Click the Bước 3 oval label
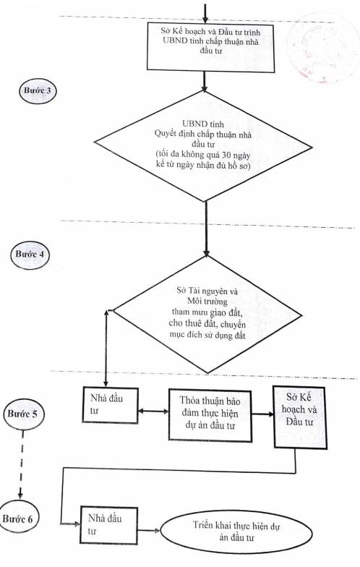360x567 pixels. [38, 91]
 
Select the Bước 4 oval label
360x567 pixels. [29, 255]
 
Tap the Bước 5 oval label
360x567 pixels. [22, 414]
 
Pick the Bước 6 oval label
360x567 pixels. [18, 519]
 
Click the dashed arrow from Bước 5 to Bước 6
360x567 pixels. [22, 466]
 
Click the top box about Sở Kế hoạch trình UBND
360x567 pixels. [211, 46]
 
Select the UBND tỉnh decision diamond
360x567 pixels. [203, 145]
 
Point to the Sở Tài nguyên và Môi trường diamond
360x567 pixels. [208, 313]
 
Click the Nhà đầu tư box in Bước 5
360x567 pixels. [110, 405]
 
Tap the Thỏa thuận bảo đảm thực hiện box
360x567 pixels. [210, 415]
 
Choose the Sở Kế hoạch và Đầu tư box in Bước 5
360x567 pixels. [299, 418]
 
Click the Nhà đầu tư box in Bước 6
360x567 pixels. [108, 525]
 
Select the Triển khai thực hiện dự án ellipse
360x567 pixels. [236, 532]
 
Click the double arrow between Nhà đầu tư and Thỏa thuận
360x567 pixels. [153, 412]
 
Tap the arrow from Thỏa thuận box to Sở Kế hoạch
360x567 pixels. [263, 414]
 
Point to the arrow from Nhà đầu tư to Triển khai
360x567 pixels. [149, 531]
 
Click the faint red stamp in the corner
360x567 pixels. [322, 48]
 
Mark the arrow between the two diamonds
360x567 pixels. [207, 229]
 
